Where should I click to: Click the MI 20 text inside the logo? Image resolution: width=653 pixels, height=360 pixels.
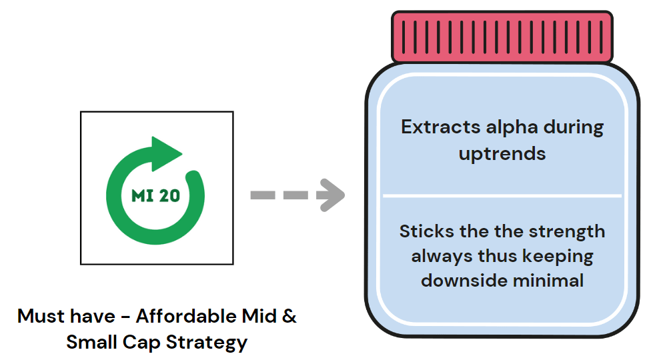pos(156,195)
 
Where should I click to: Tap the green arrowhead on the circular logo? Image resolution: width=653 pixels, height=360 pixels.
pos(165,153)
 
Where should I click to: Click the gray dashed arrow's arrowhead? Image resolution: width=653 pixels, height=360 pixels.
pos(331,195)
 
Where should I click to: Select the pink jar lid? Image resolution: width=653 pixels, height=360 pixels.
pos(502,37)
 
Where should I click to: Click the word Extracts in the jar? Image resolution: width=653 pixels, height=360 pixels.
pos(441,127)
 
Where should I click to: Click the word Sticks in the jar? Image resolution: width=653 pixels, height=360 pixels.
pos(426,231)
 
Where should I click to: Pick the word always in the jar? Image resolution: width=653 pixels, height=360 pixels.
pos(442,257)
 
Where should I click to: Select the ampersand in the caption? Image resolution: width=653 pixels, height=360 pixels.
pos(289,316)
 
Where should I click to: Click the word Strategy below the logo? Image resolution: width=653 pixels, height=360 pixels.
pos(207,343)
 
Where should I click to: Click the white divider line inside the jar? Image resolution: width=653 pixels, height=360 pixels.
pos(502,195)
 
